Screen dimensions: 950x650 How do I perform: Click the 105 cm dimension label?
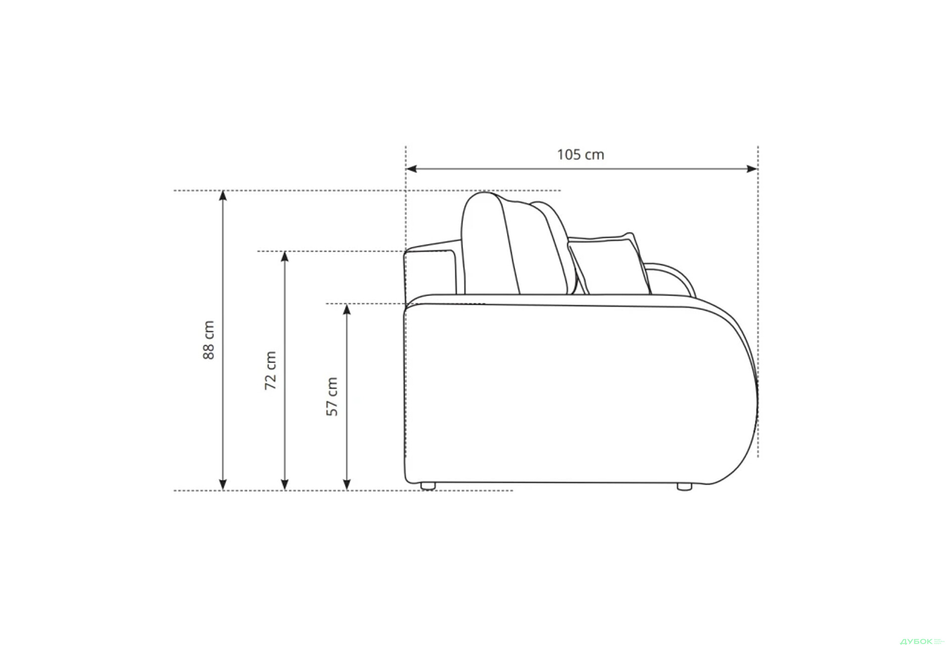pos(580,155)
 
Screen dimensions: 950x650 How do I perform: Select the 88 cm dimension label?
pos(209,340)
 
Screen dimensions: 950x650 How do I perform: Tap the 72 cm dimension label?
pos(271,371)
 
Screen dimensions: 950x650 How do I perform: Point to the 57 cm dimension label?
pos(332,397)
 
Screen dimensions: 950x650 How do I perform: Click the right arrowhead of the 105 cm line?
pos(752,169)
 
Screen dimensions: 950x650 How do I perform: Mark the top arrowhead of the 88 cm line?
pos(223,196)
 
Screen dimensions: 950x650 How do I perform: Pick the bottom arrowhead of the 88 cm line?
pos(223,485)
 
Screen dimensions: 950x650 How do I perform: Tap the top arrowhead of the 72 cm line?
pos(285,257)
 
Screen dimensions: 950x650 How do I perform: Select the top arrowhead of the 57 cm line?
pos(347,310)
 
